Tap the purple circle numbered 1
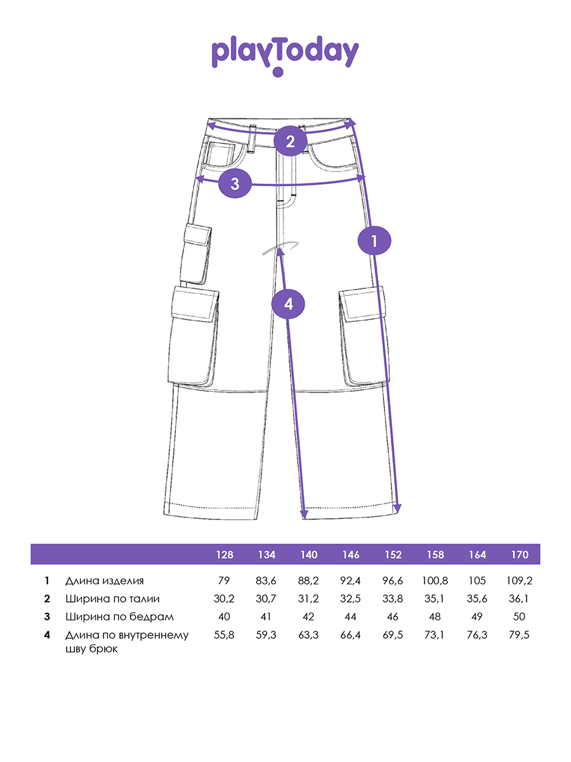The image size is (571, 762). [x=374, y=241]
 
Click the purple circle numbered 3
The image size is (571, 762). [x=235, y=184]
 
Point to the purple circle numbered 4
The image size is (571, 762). [x=289, y=304]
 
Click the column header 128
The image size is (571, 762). [x=225, y=554]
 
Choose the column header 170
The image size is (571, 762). [x=520, y=554]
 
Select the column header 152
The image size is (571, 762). [x=393, y=554]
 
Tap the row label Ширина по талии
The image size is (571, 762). [x=112, y=598]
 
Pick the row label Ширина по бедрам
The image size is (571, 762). [x=119, y=617]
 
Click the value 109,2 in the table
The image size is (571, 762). [x=520, y=580]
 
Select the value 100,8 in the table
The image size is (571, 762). [x=435, y=580]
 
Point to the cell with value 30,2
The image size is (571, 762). [x=225, y=598]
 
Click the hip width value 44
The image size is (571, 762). [x=351, y=617]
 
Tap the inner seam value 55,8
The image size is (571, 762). [x=225, y=634]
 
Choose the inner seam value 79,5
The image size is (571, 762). [x=520, y=634]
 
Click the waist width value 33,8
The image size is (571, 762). [x=393, y=598]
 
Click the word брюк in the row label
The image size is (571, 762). [x=105, y=649]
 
